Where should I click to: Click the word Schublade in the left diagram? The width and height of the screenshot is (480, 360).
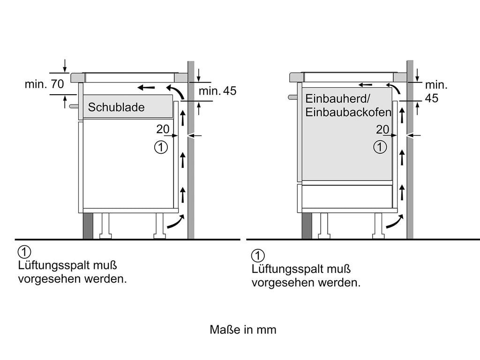[x=116, y=107]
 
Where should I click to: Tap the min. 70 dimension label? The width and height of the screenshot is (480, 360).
[x=45, y=84]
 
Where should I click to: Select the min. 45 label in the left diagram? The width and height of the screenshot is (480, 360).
[x=217, y=90]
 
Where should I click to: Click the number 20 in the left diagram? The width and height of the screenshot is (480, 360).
[x=163, y=129]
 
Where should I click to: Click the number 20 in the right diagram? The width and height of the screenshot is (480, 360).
[x=382, y=129]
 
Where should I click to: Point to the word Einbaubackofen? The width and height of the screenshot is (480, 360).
[x=348, y=112]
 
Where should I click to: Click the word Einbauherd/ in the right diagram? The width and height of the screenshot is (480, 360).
[x=338, y=98]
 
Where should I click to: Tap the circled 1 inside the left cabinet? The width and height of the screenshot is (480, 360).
[x=161, y=147]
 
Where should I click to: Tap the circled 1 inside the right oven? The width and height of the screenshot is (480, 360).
[x=380, y=147]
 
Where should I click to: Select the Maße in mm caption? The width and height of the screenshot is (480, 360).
[x=243, y=330]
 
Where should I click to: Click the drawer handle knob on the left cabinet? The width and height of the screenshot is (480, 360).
[x=74, y=106]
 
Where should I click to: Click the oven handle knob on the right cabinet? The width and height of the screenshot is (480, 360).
[x=292, y=97]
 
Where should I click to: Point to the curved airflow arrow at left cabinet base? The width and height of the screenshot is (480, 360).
[x=176, y=222]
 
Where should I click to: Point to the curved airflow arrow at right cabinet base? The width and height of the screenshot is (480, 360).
[x=395, y=222]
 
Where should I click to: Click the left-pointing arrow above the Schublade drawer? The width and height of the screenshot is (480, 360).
[x=146, y=88]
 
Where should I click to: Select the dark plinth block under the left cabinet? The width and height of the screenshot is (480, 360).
[x=88, y=225]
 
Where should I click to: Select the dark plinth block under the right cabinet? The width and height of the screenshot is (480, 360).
[x=307, y=225]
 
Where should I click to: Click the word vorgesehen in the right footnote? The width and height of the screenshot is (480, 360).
[x=284, y=283]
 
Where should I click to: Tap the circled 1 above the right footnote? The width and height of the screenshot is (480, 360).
[x=258, y=255]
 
